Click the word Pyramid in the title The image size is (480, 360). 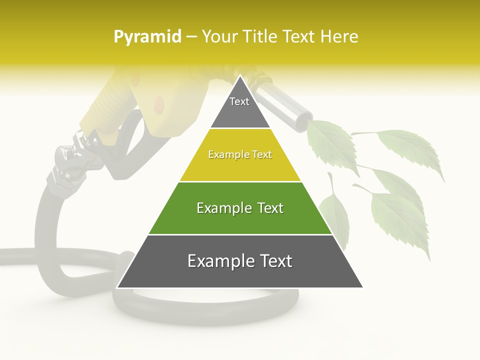click(147, 37)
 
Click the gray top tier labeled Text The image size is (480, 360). click(239, 107)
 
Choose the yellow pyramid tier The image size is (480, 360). click(240, 155)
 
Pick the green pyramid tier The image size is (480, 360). click(240, 208)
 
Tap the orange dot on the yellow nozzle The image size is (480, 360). click(158, 104)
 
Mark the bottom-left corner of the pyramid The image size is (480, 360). click(117, 287)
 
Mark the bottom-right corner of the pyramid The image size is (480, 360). click(362, 287)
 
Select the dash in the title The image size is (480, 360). click(191, 37)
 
